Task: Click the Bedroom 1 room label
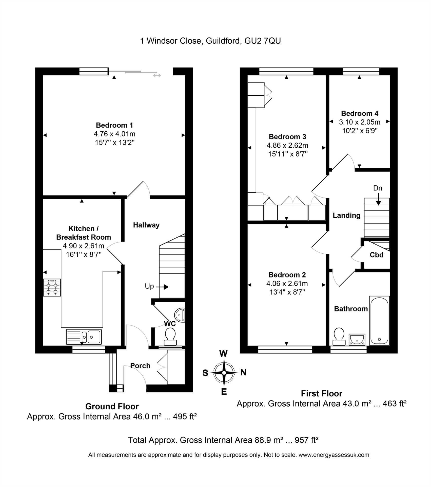pos(114,125)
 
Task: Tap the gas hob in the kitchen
pos(52,287)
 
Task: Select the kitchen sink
pos(84,337)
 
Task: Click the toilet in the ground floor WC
pos(170,337)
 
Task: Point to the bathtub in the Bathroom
pos(379,320)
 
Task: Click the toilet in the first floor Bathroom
pos(339,337)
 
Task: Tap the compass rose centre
pos(224,373)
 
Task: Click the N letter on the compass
pos(243,372)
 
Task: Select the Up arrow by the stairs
pos(162,287)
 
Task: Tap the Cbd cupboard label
pos(377,255)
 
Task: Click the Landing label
pos(346,215)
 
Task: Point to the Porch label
pos(140,366)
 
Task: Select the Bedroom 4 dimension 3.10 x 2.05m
pos(360,122)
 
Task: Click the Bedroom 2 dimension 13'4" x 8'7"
pos(287,292)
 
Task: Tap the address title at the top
pos(210,41)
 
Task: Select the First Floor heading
pos(322,393)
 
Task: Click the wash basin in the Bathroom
pos(357,340)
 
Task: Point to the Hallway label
pos(146,225)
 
